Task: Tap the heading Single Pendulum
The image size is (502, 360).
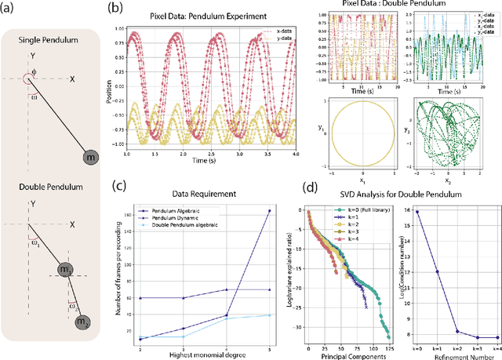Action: click(x=50, y=42)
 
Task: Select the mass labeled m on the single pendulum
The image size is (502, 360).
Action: click(x=89, y=158)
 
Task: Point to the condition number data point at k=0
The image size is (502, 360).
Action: click(x=416, y=211)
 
